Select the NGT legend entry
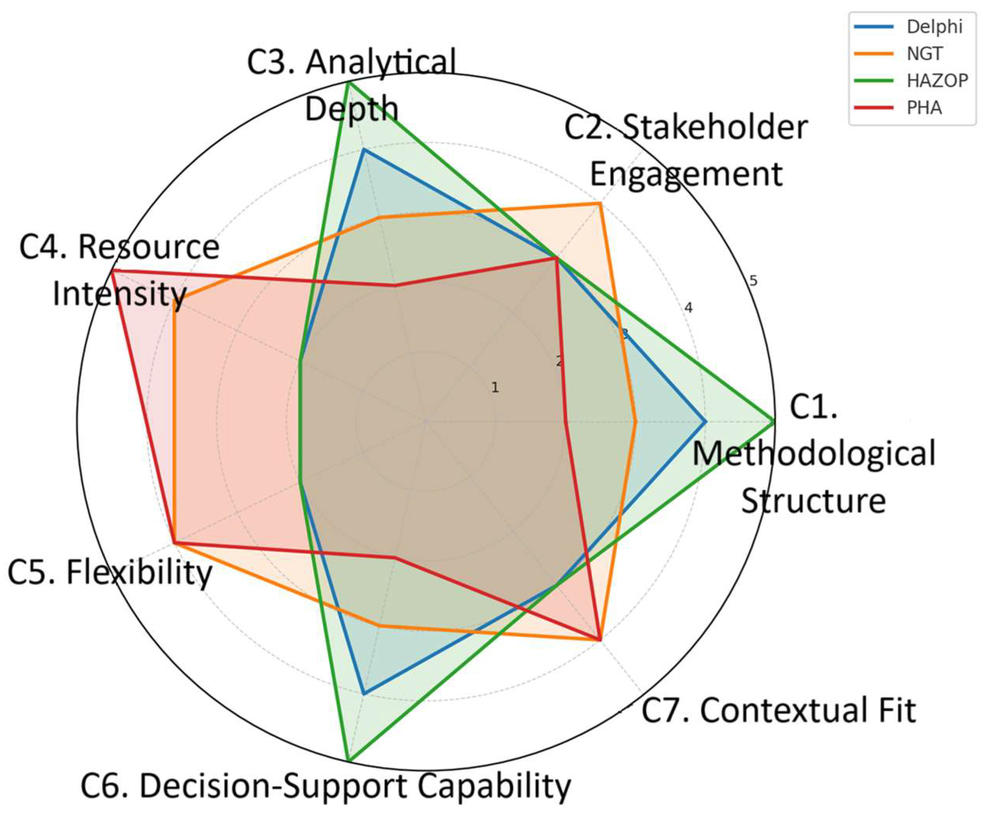coord(925,54)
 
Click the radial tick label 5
coord(753,281)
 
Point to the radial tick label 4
coord(689,308)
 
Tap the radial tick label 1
coord(494,388)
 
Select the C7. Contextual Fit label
coord(779,710)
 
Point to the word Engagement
coord(686,174)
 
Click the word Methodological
coord(814,455)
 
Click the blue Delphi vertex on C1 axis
coord(705,421)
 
